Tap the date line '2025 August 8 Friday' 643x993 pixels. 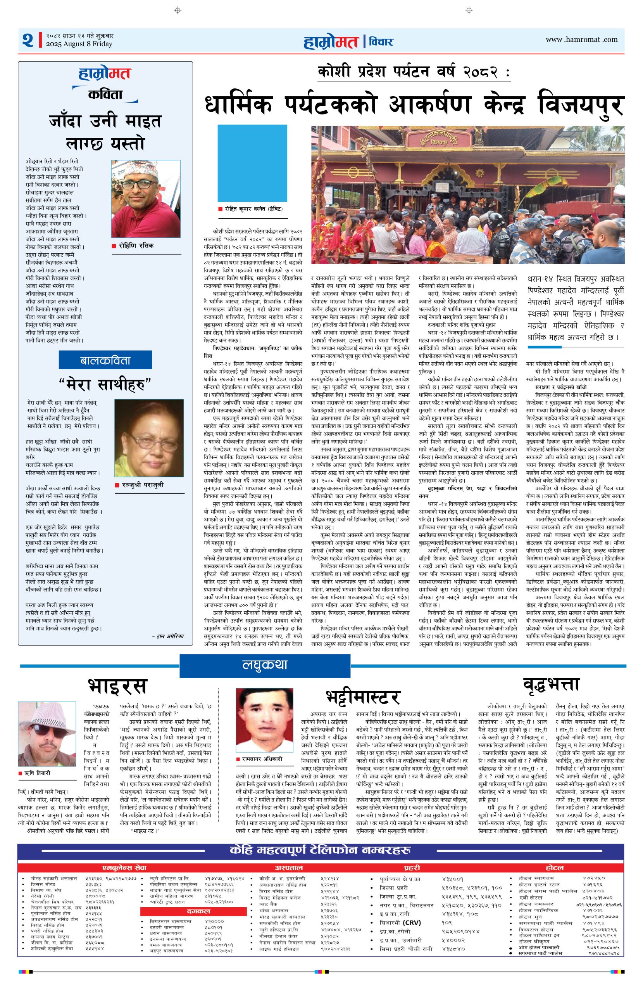click(79, 44)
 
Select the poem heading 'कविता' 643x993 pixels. click(105, 95)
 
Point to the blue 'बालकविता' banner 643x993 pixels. click(105, 360)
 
